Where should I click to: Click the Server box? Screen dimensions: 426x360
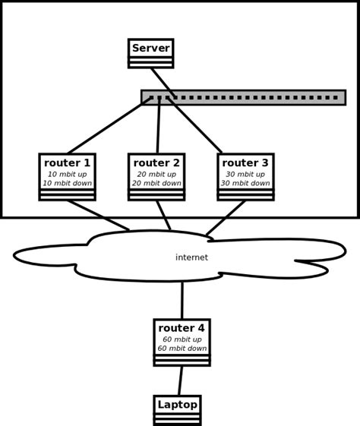tap(150, 53)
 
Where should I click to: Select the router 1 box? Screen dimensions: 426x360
tap(67, 177)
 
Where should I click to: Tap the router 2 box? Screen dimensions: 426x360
tap(156, 177)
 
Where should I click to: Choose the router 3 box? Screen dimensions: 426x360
tap(245, 177)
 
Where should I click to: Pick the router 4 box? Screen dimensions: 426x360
tap(182, 342)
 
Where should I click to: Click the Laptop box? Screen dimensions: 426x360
tap(177, 409)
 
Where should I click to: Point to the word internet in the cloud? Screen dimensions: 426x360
tap(191, 257)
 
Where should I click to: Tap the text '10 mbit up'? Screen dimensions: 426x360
tap(67, 174)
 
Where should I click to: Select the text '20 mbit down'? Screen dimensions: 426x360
tap(156, 183)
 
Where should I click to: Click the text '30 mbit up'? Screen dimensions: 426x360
tap(245, 174)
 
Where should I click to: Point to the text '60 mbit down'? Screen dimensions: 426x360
tap(182, 349)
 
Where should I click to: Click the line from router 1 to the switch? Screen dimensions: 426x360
tap(106, 127)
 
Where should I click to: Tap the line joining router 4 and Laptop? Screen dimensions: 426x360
tap(180, 380)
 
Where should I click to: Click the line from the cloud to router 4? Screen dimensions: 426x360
tap(182, 301)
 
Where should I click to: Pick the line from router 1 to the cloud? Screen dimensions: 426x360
tap(99, 215)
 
